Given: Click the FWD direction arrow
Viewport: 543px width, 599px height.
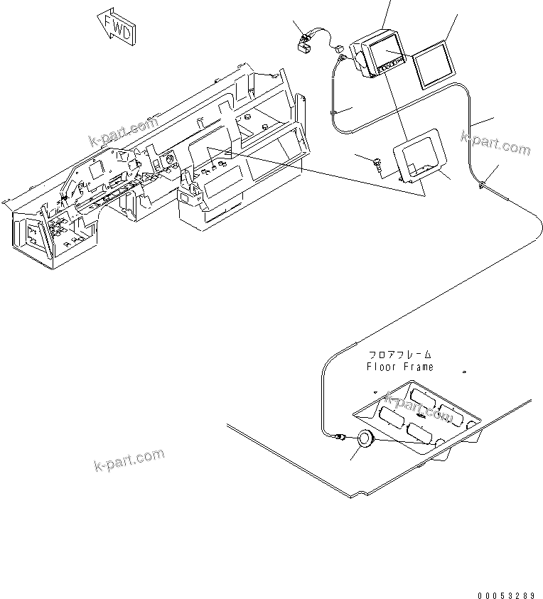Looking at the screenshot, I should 117,26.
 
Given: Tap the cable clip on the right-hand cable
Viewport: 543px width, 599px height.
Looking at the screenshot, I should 483,185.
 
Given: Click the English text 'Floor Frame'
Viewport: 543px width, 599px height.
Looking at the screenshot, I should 399,367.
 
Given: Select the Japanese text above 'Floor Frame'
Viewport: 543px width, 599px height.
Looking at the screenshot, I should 399,355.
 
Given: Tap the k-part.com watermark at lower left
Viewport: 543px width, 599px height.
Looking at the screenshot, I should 129,460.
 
